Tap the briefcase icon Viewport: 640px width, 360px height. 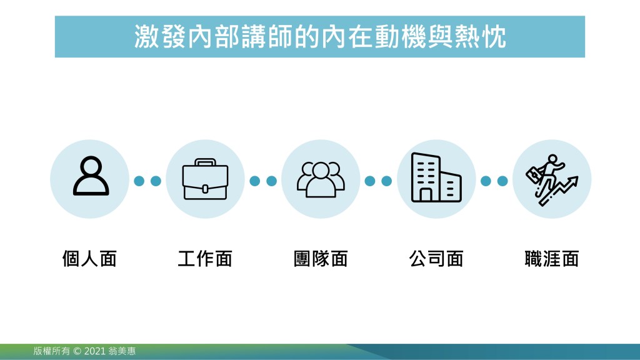tap(205, 179)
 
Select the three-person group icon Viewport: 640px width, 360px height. tap(321, 179)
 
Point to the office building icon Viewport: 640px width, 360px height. tap(436, 177)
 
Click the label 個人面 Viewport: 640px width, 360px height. tap(89, 259)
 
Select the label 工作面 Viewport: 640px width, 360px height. tap(205, 259)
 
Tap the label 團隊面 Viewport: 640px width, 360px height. tap(321, 259)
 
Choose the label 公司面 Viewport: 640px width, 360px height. tap(436, 259)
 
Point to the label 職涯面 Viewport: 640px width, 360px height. tap(552, 259)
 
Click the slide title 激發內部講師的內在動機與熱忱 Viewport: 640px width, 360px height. tap(320, 37)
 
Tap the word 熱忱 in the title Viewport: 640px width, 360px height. tap(481, 37)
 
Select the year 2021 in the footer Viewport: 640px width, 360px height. tap(95, 351)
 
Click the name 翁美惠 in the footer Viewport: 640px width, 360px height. tap(122, 351)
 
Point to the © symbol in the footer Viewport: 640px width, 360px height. tap(77, 351)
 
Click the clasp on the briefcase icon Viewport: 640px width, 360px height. tap(205, 189)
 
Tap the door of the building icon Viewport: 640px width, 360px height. tap(426, 195)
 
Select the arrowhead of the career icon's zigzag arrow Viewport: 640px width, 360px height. tap(574, 181)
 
